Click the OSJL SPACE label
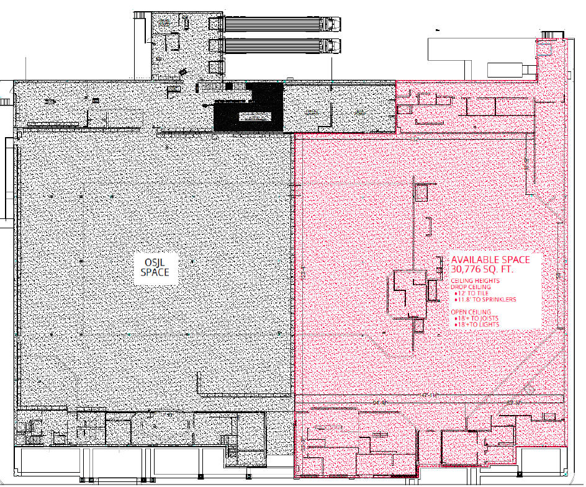155,267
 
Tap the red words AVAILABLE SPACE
490,260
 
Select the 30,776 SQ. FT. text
482,269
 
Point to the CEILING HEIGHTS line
475,281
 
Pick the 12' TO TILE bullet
471,293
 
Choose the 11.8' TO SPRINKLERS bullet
485,300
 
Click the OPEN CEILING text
471,312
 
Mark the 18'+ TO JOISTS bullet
476,318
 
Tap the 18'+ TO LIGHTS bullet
477,324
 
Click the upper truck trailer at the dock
273,24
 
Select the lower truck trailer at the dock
273,46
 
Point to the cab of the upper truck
332,24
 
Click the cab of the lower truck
332,46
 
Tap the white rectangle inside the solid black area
255,117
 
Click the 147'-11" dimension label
428,395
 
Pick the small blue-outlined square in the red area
544,49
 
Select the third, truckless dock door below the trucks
215,68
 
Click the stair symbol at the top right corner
548,35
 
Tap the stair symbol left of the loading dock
140,15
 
